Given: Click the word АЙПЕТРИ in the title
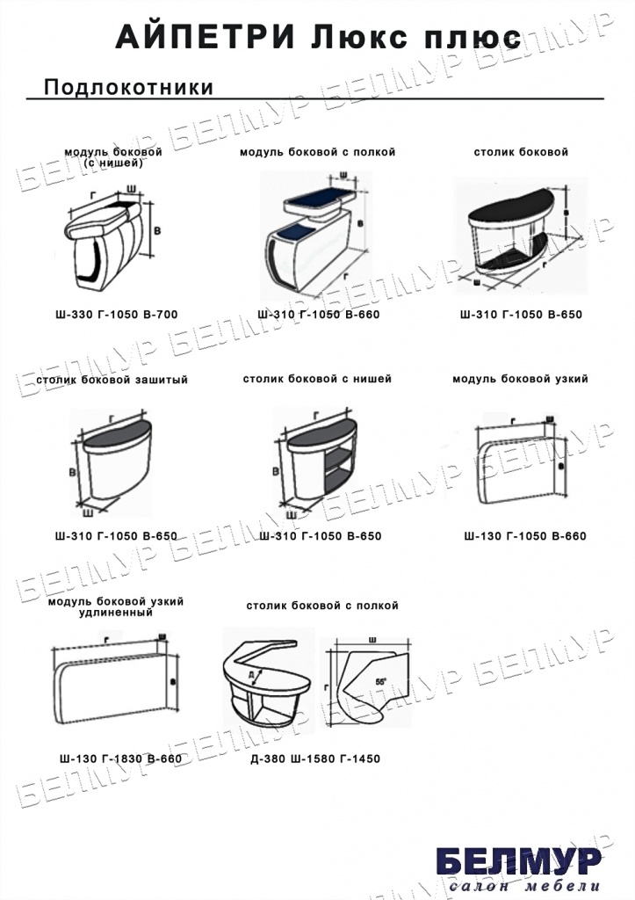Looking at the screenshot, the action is pyautogui.click(x=206, y=37).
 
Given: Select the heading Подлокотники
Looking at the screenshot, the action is pyautogui.click(x=128, y=87).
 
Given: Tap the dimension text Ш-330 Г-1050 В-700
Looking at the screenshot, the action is pyautogui.click(x=117, y=315).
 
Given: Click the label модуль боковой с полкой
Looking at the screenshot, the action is pyautogui.click(x=317, y=152).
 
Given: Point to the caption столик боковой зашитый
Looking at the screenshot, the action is pyautogui.click(x=112, y=380).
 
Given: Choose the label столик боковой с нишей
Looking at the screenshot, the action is pyautogui.click(x=317, y=380).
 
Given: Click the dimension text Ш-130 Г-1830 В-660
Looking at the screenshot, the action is pyautogui.click(x=120, y=758).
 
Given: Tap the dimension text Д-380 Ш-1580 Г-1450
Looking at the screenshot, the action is pyautogui.click(x=315, y=758).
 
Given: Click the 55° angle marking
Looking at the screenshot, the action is pyautogui.click(x=381, y=682).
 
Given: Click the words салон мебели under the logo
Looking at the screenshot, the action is pyautogui.click(x=525, y=885).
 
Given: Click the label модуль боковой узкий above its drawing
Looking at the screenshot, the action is pyautogui.click(x=520, y=379).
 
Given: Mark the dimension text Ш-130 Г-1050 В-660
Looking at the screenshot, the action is pyautogui.click(x=525, y=536).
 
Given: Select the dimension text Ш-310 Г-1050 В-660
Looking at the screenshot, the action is pyautogui.click(x=319, y=315).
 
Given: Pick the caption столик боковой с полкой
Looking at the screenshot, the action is pyautogui.click(x=322, y=606).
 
